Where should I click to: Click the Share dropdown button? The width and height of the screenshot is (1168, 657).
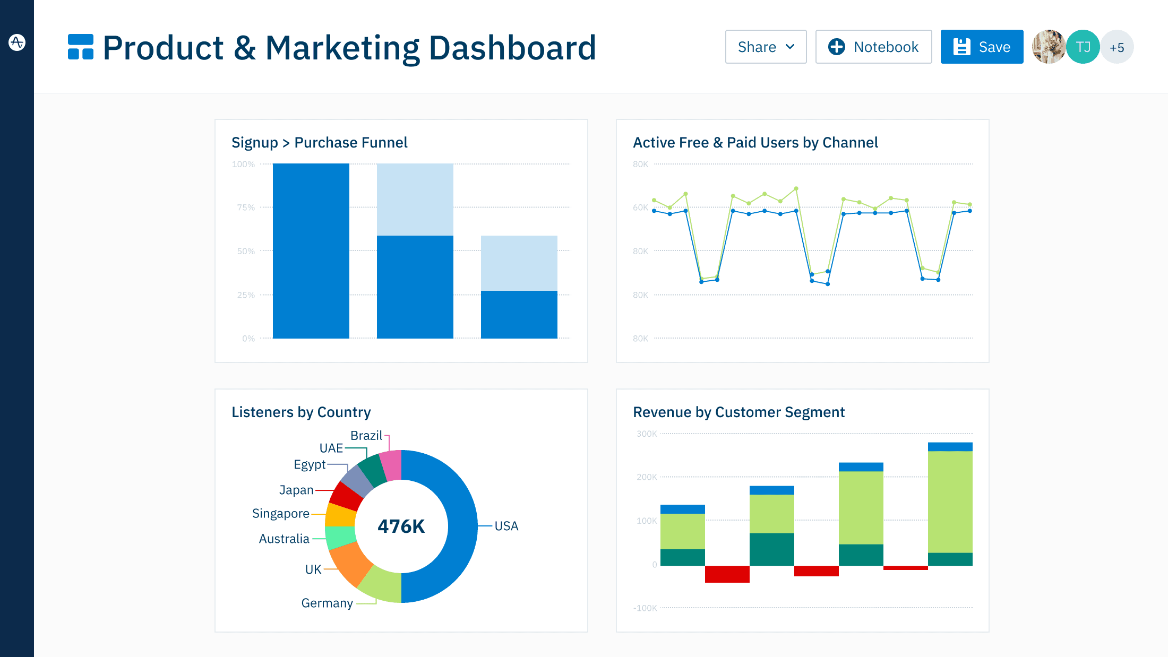pyautogui.click(x=766, y=47)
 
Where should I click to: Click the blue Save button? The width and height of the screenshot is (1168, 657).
pyautogui.click(x=982, y=47)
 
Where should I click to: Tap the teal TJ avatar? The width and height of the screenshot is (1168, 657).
pyautogui.click(x=1083, y=47)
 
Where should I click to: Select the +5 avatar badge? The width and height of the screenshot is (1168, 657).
pyautogui.click(x=1117, y=48)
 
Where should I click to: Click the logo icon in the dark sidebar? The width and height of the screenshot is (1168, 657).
pyautogui.click(x=17, y=42)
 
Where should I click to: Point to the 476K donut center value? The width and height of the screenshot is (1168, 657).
pyautogui.click(x=401, y=526)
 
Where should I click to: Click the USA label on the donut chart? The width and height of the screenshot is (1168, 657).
pyautogui.click(x=506, y=526)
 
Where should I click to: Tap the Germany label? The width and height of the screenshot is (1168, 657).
pyautogui.click(x=327, y=603)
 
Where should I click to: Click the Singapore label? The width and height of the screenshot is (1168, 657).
pyautogui.click(x=280, y=513)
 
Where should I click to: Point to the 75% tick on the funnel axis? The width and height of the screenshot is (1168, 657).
pyautogui.click(x=246, y=208)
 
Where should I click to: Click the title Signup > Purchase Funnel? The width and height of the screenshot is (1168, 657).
pyautogui.click(x=319, y=142)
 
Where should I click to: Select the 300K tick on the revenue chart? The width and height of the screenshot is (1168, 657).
pyautogui.click(x=647, y=434)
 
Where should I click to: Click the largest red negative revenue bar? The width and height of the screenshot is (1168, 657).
pyautogui.click(x=727, y=574)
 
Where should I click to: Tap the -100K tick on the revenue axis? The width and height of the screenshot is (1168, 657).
pyautogui.click(x=645, y=608)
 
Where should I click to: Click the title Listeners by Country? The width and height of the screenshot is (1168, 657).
pyautogui.click(x=301, y=412)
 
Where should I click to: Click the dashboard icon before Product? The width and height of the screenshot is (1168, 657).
pyautogui.click(x=81, y=47)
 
